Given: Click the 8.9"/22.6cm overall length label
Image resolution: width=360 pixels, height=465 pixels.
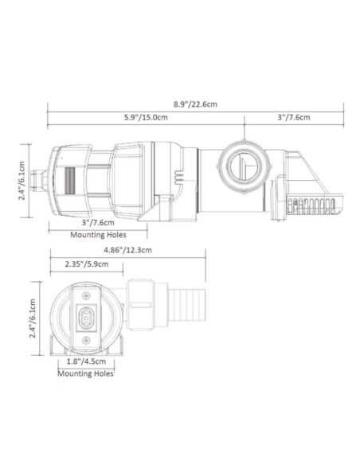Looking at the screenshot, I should (x=196, y=103).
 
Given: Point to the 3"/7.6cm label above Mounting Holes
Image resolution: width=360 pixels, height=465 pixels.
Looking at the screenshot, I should (x=98, y=222).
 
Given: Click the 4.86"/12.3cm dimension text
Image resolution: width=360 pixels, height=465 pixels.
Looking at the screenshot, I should (x=127, y=249).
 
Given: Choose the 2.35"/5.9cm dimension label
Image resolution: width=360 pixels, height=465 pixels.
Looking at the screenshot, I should (x=85, y=264).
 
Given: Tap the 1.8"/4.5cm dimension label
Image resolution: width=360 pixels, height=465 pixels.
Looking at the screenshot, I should (x=86, y=360).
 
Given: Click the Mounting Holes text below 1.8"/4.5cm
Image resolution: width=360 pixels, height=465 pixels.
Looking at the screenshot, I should (x=86, y=372).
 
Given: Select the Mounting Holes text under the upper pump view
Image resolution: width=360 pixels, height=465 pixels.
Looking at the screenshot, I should (x=98, y=235).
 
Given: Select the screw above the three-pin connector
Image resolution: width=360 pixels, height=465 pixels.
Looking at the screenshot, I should (x=86, y=296).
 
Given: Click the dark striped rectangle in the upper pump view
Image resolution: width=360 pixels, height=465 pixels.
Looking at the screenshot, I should (x=68, y=180).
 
